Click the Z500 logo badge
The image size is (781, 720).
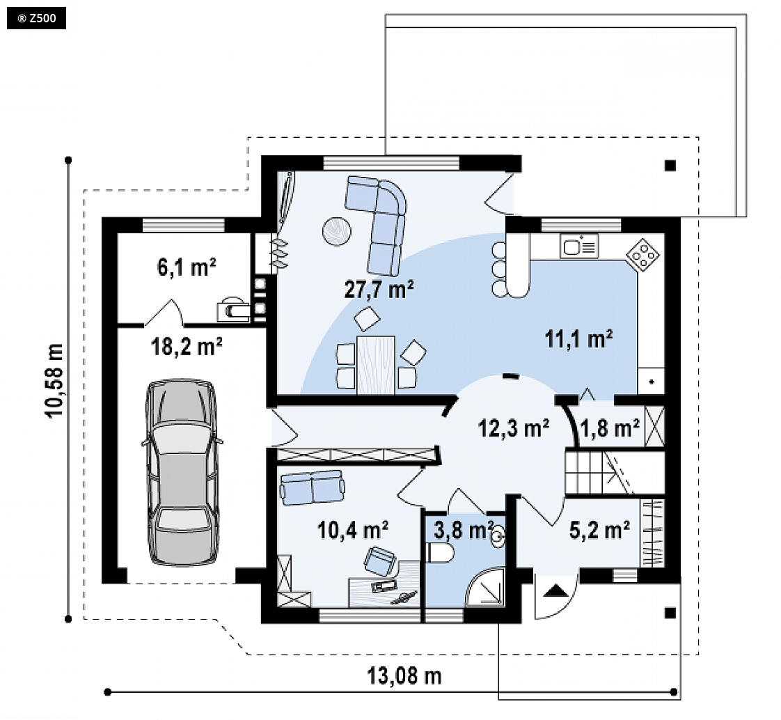coord(36,19)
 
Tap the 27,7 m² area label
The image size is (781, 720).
coord(379,289)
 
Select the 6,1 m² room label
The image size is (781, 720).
coord(187,267)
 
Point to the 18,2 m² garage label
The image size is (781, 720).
coord(187,346)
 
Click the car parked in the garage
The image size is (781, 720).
coord(182,472)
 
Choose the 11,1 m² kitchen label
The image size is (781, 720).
coord(578,339)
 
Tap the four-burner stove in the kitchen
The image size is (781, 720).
coord(642,255)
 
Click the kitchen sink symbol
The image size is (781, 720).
coord(579,246)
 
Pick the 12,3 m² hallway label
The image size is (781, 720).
coord(514,428)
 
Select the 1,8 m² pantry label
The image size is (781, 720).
coord(610,428)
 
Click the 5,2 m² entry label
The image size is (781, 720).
coord(599,531)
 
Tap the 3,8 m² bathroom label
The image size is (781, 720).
coord(463,531)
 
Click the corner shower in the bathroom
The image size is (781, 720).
coord(485,587)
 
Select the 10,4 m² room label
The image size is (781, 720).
coord(353,531)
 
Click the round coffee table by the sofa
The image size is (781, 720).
coord(337,231)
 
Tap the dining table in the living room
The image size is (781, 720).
coord(376,366)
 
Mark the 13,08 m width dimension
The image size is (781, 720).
coord(404,677)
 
